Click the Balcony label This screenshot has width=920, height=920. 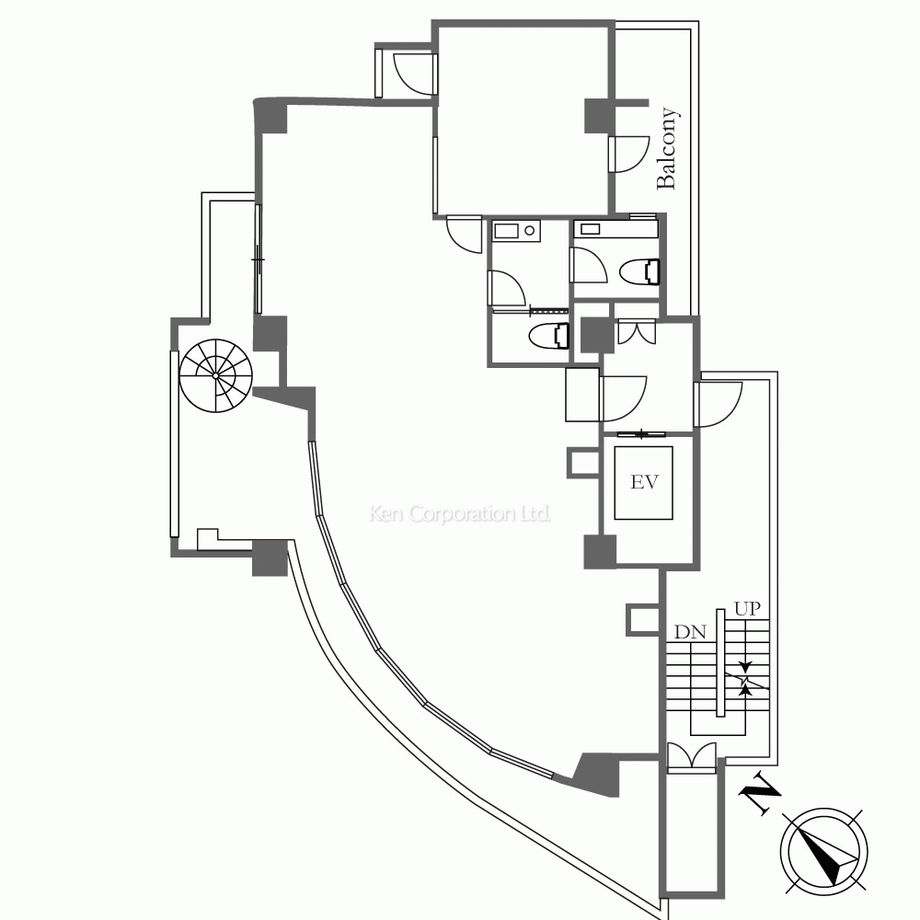pos(666,148)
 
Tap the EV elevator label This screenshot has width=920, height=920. pos(644,482)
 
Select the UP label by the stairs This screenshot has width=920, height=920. pos(747,608)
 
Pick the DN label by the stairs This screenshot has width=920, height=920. pos(690,632)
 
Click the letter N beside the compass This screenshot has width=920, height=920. pos(761,793)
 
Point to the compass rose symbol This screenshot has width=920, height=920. pos(823,852)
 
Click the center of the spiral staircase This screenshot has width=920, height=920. pos(216,375)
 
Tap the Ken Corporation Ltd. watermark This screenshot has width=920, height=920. pos(459,514)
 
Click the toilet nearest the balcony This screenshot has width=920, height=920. pos(640,271)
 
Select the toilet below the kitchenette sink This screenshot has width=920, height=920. pos(549,336)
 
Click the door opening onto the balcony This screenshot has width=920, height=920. pos(628,155)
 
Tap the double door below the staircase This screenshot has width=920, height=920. pos(692,756)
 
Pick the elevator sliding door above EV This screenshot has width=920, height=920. pos(641,435)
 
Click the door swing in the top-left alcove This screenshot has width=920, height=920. pos(414,74)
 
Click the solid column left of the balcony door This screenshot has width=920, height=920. pos(599,116)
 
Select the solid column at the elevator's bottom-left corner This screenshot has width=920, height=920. pos(600,552)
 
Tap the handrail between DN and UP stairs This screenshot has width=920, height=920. pos(720,662)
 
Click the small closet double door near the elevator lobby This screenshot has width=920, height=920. pos(635,331)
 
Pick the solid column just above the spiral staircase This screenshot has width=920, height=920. pos(270,334)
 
